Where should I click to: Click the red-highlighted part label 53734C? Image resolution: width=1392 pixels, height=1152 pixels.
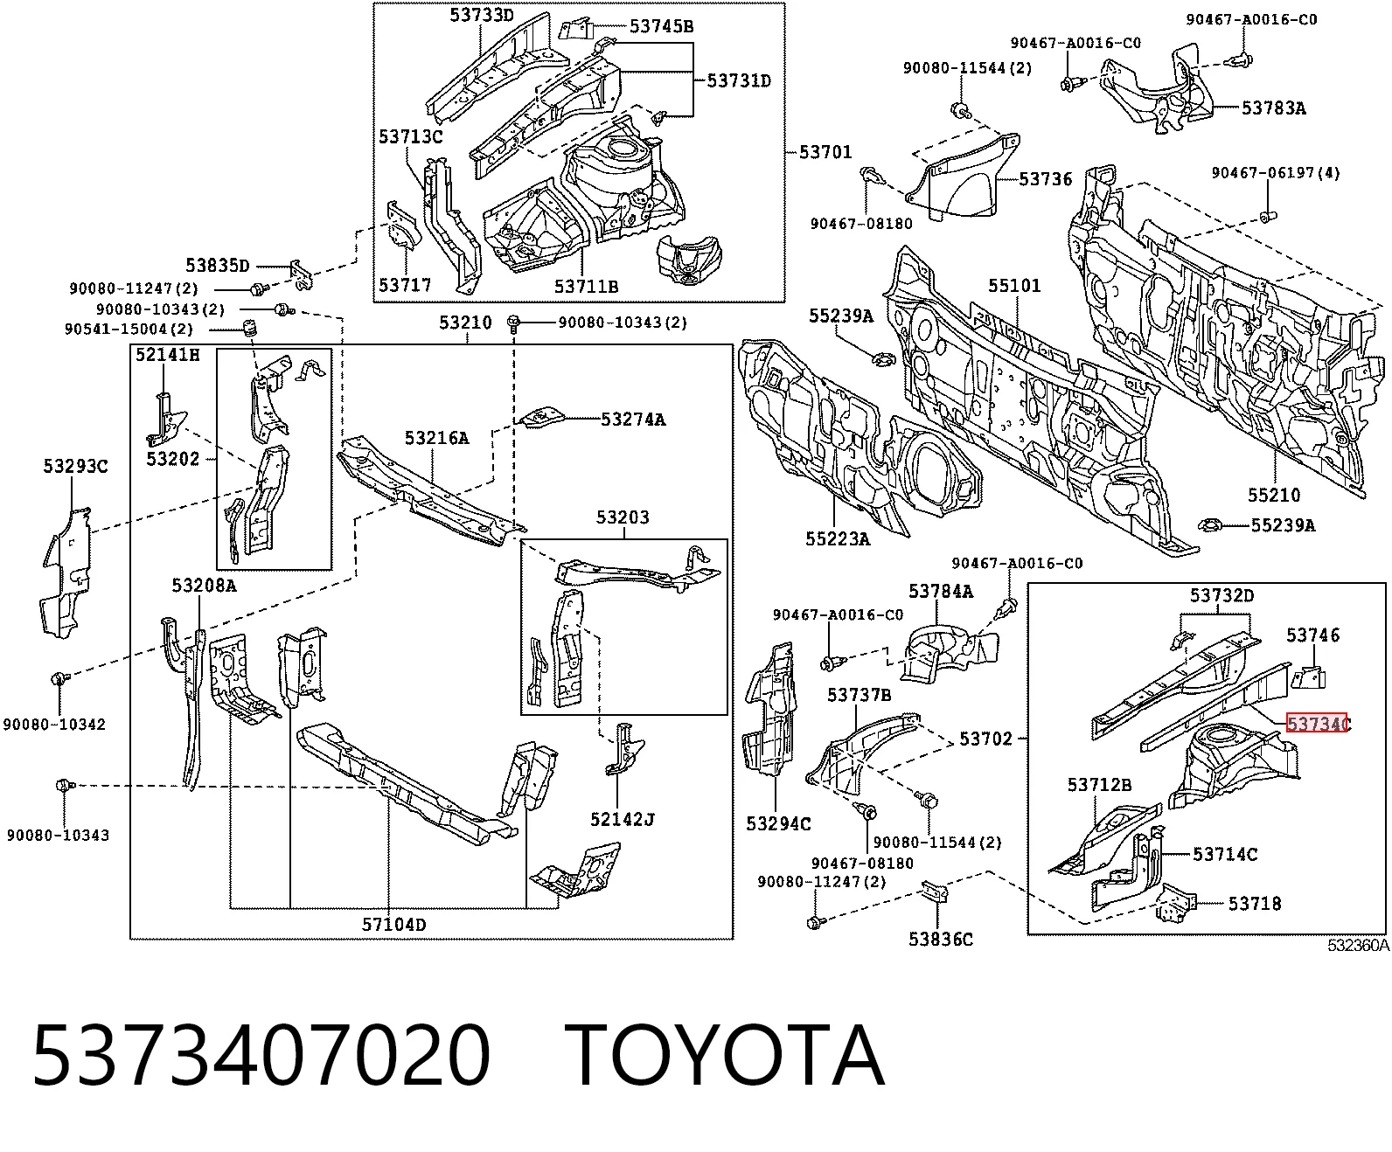(1318, 724)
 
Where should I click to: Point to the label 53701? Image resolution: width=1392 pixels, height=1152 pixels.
(825, 153)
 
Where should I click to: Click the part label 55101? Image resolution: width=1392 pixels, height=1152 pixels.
(1014, 286)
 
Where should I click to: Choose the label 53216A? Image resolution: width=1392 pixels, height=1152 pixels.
(436, 438)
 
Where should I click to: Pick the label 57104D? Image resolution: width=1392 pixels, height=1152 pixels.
(394, 925)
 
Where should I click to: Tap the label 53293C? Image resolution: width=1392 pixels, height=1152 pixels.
(75, 466)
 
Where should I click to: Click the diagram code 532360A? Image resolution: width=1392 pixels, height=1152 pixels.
(1358, 946)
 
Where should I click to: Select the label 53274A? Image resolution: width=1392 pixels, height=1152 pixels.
(633, 420)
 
